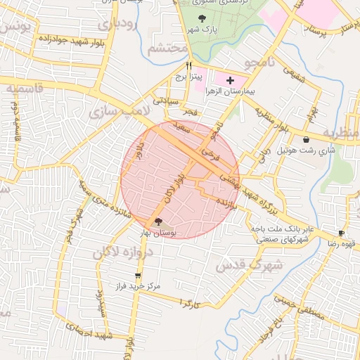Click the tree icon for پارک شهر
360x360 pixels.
click(x=202, y=18)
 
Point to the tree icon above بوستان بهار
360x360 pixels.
click(x=157, y=222)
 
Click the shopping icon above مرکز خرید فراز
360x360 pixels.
click(x=138, y=276)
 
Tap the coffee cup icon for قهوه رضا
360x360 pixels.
click(x=341, y=233)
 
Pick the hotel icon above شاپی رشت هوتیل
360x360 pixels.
click(x=307, y=140)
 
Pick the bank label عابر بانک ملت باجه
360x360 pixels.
click(x=277, y=229)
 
